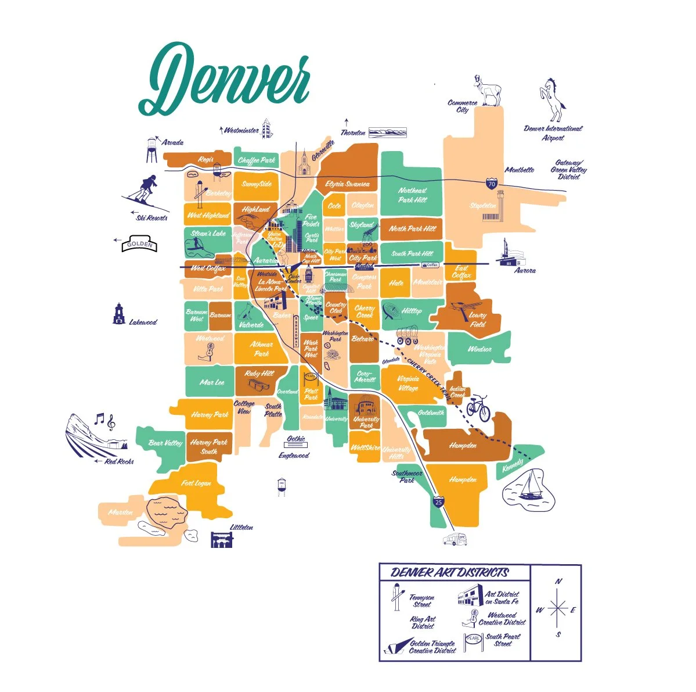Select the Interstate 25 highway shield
[439, 500]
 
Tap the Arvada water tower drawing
[152, 150]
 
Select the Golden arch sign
[139, 244]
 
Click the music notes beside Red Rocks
[104, 421]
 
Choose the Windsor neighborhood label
[479, 349]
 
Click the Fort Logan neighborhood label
[196, 483]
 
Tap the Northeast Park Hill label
[412, 195]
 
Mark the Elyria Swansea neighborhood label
[347, 184]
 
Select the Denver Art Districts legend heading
[450, 572]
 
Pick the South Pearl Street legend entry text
[503, 640]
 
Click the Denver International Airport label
[553, 133]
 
